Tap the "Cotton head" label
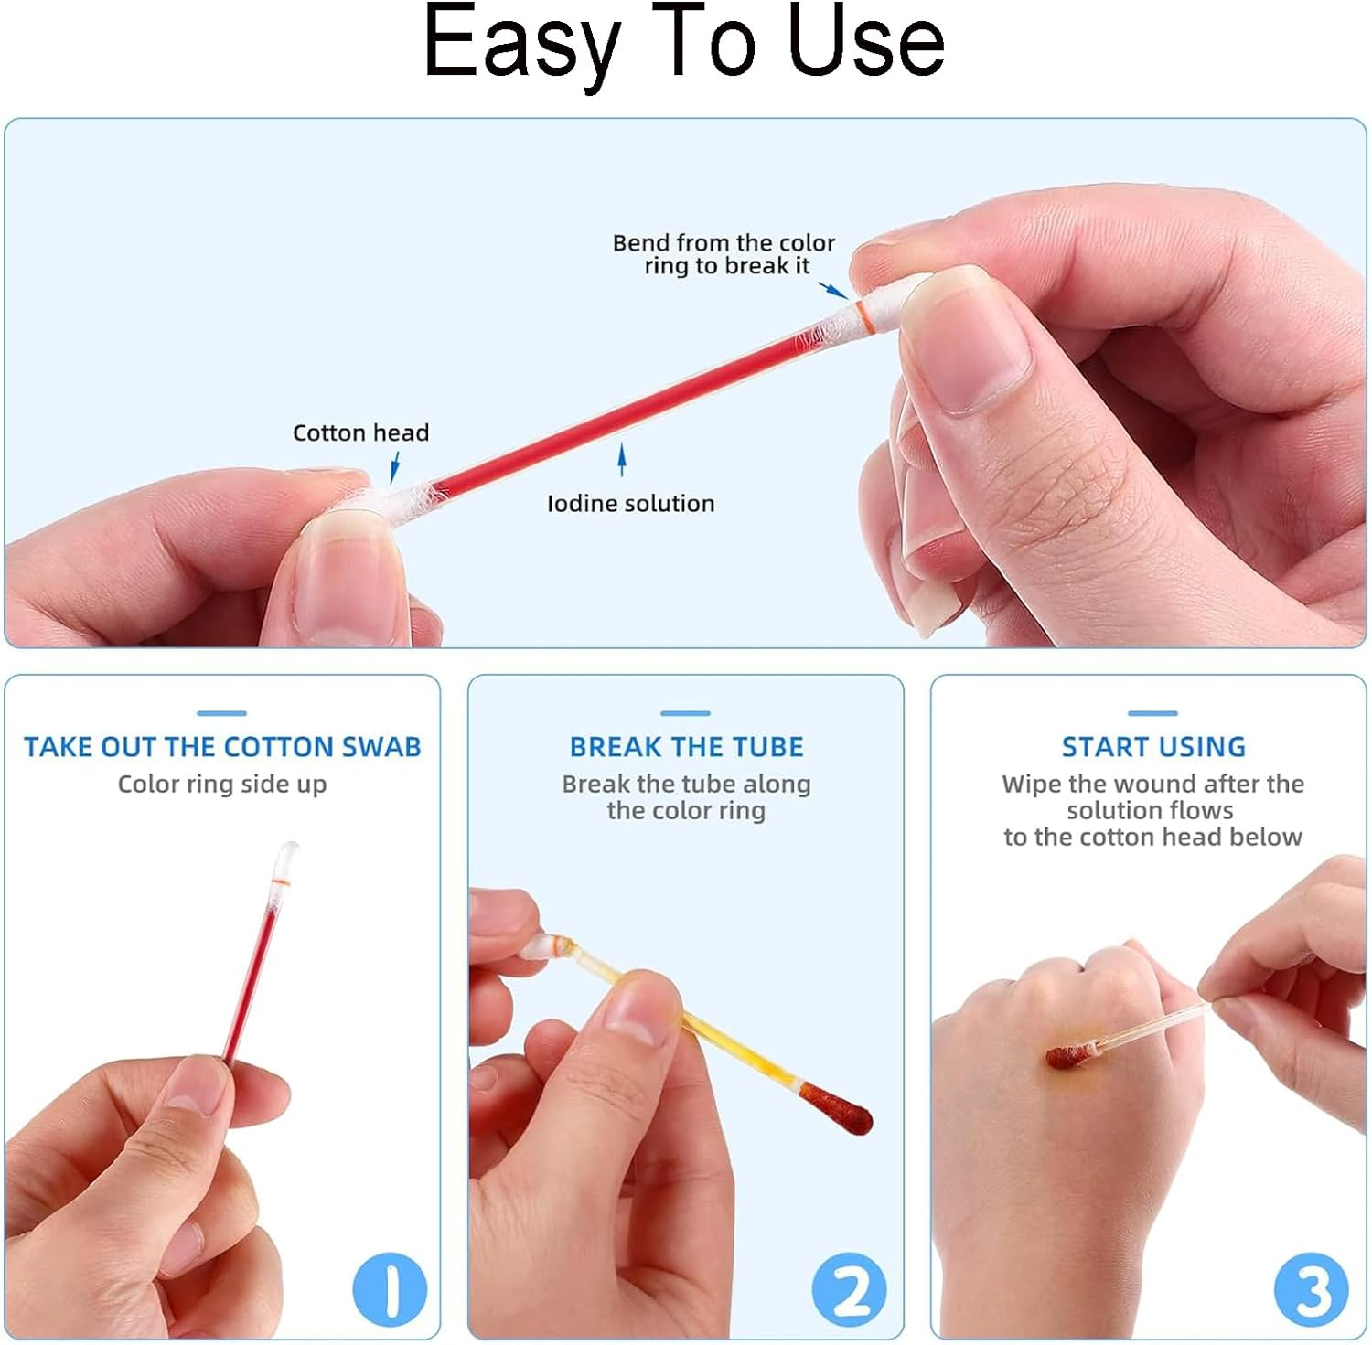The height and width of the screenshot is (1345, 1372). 360,432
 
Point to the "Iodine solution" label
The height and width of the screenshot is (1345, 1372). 630,503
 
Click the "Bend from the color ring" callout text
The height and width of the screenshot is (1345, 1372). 724,254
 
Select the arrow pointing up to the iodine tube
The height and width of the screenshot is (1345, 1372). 622,459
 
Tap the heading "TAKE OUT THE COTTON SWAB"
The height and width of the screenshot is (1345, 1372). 222,747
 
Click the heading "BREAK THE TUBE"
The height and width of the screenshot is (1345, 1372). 686,747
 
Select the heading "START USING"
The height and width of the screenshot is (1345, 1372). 1152,747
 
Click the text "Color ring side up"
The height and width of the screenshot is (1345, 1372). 222,785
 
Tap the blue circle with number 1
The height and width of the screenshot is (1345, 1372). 391,1289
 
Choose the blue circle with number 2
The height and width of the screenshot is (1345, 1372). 850,1289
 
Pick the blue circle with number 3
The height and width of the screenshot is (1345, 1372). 1311,1289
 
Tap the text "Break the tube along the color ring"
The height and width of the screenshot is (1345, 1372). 686,797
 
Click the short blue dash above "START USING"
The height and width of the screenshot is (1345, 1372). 1152,713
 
